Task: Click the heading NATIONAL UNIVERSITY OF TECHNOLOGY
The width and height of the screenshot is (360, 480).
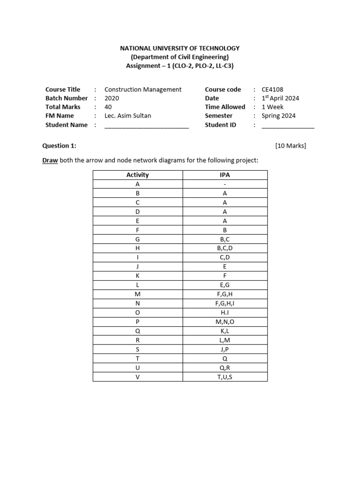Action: tap(180, 48)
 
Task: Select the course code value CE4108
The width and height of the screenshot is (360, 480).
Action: tap(272, 90)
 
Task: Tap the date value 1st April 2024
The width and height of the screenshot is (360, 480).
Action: tap(280, 98)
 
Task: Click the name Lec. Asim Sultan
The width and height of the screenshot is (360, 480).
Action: tap(128, 116)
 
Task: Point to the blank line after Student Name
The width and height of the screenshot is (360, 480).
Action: tap(146, 126)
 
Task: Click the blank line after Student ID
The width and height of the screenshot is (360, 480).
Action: tap(288, 126)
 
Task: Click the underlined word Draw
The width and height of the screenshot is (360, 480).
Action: tap(50, 160)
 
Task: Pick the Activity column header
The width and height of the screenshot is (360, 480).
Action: tap(137, 175)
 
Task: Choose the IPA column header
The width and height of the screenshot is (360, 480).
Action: tap(225, 175)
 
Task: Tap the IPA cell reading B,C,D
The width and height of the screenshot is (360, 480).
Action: tap(225, 247)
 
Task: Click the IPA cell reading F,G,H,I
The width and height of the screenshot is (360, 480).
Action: tap(225, 303)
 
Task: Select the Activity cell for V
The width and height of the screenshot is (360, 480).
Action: tap(137, 376)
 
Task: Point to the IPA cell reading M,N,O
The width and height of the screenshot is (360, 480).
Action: tap(225, 322)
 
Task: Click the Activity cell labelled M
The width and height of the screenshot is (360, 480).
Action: tap(137, 294)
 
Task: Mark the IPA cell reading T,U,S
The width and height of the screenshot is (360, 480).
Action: tap(225, 376)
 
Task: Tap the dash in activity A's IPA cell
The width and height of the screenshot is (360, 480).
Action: tap(225, 184)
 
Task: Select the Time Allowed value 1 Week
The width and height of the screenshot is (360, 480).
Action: tap(272, 107)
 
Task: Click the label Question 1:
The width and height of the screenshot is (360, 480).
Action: tap(59, 146)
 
